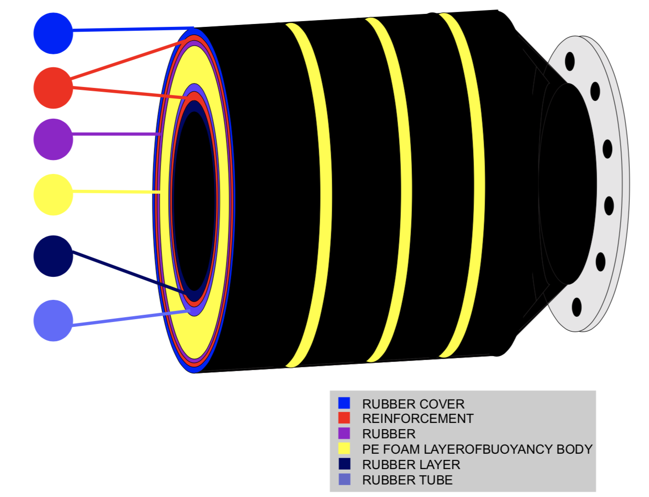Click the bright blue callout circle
tap(53, 33)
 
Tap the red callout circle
tap(53, 88)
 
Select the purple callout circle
tap(53, 139)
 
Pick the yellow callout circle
tap(53, 194)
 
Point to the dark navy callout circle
tap(53, 256)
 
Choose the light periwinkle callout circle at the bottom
tap(53, 321)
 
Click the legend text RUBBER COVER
tap(413, 404)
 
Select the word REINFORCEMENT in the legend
tap(417, 419)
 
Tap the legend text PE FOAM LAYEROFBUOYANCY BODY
tap(477, 449)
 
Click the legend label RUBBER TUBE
tap(407, 480)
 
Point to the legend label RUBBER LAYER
tap(411, 465)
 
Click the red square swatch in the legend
tap(344, 418)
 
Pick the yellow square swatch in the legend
tap(344, 449)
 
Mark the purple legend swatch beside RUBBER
tap(344, 434)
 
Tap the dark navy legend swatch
tap(344, 464)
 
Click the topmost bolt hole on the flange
tap(570, 61)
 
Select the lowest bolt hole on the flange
tap(576, 307)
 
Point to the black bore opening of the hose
tap(193, 202)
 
